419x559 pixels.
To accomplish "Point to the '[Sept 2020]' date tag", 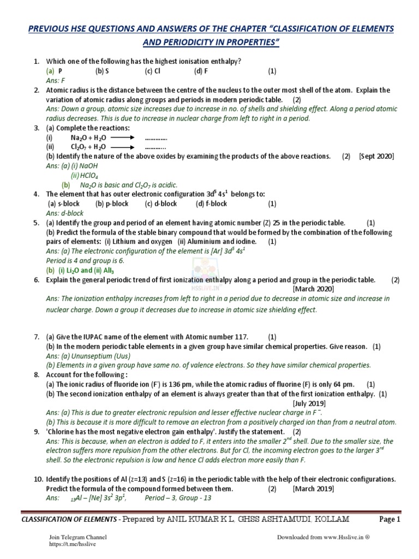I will point(376,156).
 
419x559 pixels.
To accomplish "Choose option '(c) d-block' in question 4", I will point(161,204).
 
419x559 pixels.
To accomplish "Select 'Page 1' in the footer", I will point(390,520).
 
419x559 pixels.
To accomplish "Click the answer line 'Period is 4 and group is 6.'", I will point(85,260).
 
